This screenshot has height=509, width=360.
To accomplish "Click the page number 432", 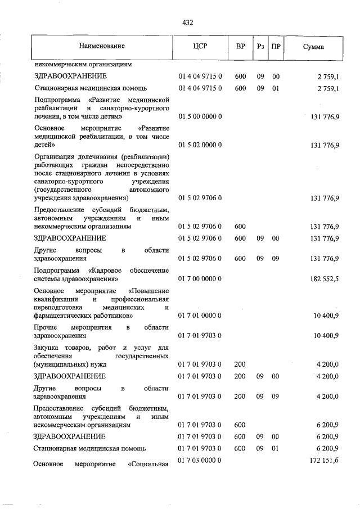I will coord(188,22).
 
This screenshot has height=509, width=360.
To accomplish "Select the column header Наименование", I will coord(101,46).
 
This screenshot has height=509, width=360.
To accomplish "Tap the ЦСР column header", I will coord(200,46).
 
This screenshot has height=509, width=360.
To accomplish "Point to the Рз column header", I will coord(260,46).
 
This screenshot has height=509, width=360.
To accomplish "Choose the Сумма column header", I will coord(313,46).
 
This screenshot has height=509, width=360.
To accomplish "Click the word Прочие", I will coord(46,327).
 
